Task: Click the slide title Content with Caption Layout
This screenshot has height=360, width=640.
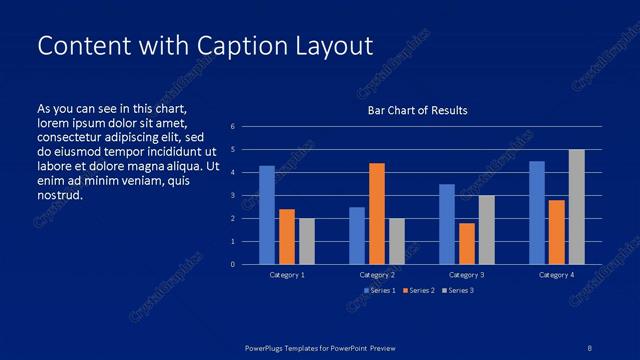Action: (204, 46)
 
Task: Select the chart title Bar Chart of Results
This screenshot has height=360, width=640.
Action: (417, 110)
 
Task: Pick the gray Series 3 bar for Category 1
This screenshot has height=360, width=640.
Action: (307, 241)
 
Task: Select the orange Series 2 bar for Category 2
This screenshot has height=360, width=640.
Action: (377, 213)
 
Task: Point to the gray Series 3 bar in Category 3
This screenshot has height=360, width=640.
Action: (487, 229)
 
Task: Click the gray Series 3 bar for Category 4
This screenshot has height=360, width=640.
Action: (577, 207)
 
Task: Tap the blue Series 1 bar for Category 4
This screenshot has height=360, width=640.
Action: (537, 212)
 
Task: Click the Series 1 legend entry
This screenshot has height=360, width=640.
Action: (379, 290)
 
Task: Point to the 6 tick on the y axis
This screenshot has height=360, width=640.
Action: (232, 127)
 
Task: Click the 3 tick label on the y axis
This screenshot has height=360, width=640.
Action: (232, 196)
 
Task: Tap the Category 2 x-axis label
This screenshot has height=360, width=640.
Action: (377, 274)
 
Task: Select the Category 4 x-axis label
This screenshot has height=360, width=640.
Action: (557, 274)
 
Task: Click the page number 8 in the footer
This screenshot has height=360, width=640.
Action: (590, 347)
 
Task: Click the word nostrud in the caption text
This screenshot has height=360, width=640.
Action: (59, 195)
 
